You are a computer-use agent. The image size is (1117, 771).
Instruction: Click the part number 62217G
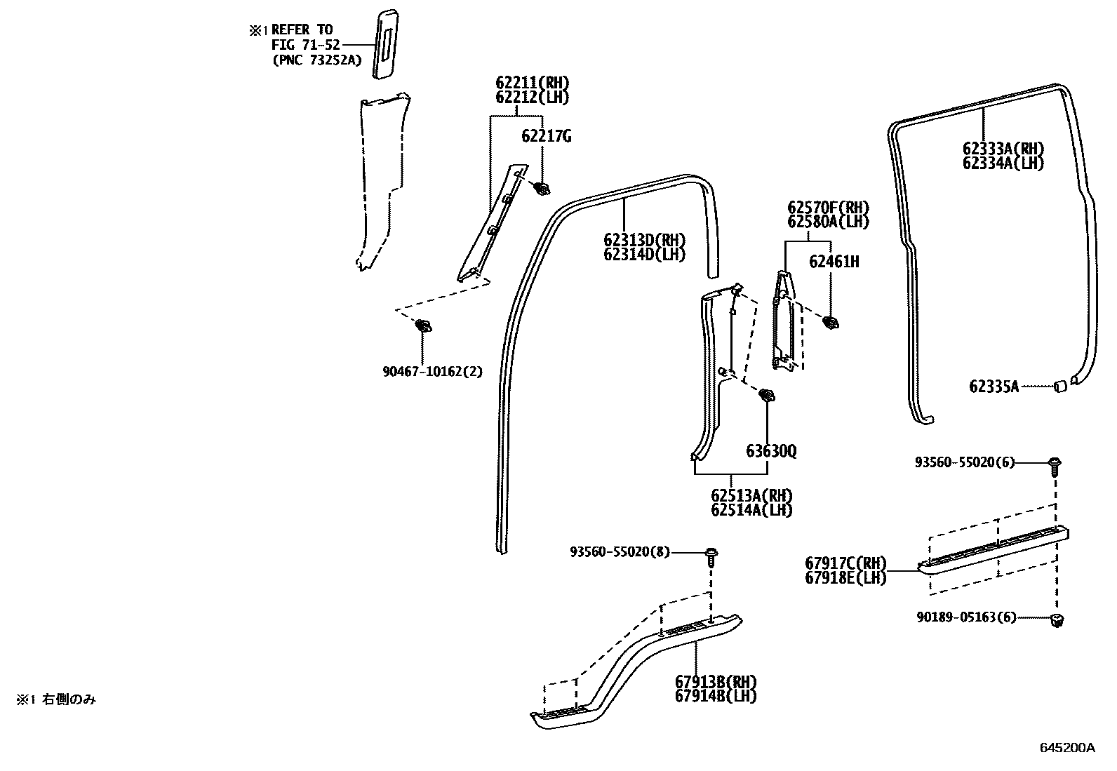tap(546, 136)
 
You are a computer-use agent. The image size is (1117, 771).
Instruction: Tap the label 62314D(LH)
tap(643, 254)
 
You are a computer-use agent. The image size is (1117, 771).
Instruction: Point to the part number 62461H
tap(834, 262)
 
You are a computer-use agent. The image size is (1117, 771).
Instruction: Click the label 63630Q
tap(771, 451)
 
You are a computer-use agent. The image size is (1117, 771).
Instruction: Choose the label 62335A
tap(994, 386)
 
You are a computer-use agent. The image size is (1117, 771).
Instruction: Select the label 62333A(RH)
tap(1003, 149)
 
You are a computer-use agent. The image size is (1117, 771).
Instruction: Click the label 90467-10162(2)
tap(432, 371)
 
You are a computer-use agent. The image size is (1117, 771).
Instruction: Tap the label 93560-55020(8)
tap(620, 552)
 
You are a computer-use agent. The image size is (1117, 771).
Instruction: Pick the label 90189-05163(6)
tap(966, 618)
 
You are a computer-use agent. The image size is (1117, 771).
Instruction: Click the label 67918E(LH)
tap(845, 578)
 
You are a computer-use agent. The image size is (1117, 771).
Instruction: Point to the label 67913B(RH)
tap(716, 681)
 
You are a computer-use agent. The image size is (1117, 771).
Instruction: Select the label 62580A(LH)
tap(828, 222)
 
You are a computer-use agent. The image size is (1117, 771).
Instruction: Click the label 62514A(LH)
tap(751, 510)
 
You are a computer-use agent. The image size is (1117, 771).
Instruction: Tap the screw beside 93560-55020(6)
tap(1054, 464)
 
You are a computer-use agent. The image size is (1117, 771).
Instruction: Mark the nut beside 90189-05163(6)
tap(1056, 619)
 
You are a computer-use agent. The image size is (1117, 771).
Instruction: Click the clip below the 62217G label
tap(541, 188)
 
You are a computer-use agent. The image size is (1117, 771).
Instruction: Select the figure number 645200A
tap(1066, 747)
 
